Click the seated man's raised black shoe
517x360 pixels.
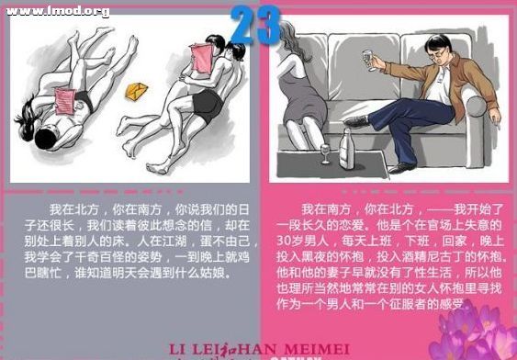357,121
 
